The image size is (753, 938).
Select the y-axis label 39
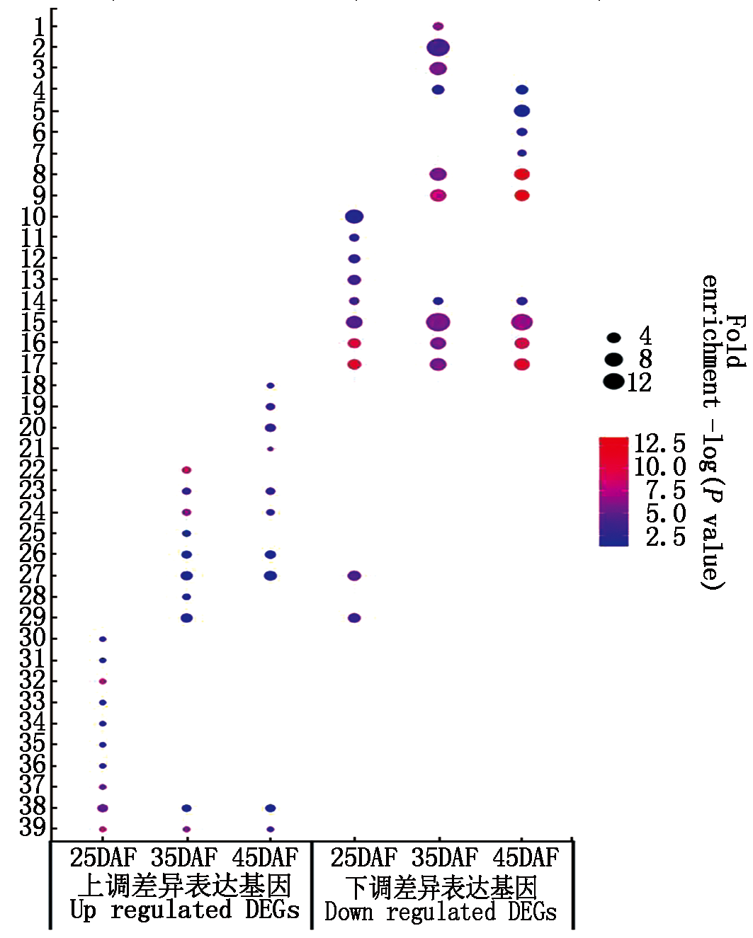coord(33,828)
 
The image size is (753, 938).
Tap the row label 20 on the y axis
coord(33,428)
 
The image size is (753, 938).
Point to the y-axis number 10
coord(33,217)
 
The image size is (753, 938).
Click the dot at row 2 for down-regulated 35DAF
coord(438,47)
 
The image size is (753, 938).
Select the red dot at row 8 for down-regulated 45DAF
coord(522,174)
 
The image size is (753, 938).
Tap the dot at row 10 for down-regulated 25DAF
coord(354,217)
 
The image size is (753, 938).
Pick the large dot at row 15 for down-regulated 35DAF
coord(438,322)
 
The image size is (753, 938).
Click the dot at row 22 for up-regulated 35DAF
coord(186,470)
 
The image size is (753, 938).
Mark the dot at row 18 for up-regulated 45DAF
coord(271,386)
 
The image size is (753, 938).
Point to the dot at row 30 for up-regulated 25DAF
coord(103,639)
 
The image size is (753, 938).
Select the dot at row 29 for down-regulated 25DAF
coord(354,618)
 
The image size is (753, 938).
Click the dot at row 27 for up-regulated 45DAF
coord(271,576)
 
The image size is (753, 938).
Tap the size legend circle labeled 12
coord(613,382)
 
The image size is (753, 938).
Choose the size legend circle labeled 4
coord(613,338)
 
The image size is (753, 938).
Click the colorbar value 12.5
coord(659,444)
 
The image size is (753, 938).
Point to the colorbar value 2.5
coord(665,537)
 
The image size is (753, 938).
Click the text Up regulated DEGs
coord(185,910)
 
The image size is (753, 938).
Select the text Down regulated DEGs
coord(441,912)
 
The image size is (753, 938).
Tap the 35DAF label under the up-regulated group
coord(184,858)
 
